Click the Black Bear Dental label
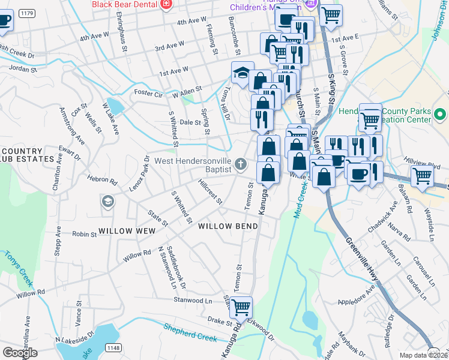(124, 4)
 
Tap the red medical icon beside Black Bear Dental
(166, 5)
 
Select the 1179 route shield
(26, 13)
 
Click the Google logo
(20, 353)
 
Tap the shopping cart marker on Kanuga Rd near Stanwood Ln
(241, 308)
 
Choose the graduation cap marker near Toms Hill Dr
(243, 73)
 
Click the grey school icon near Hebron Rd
(107, 200)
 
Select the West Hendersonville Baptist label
(193, 165)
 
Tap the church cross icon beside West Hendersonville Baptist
(240, 164)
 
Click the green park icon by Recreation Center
(440, 113)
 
